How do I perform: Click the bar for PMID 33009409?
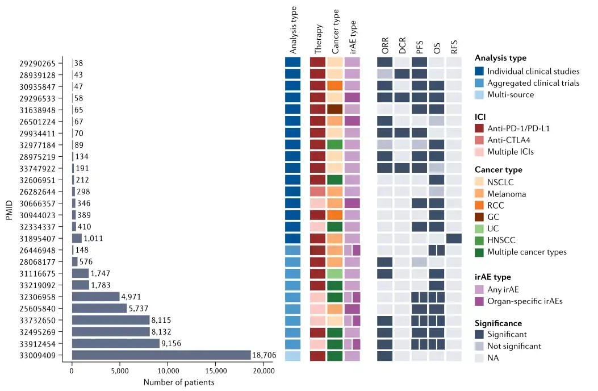click(x=161, y=355)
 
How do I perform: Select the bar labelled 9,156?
click(x=115, y=344)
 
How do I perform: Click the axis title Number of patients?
click(x=179, y=382)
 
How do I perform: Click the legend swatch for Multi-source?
click(x=480, y=94)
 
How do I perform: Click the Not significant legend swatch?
click(x=480, y=346)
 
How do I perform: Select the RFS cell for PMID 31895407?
click(x=454, y=238)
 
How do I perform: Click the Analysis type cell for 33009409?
click(x=292, y=356)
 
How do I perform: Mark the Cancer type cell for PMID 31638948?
click(x=335, y=109)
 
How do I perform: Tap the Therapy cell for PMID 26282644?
click(x=318, y=192)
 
